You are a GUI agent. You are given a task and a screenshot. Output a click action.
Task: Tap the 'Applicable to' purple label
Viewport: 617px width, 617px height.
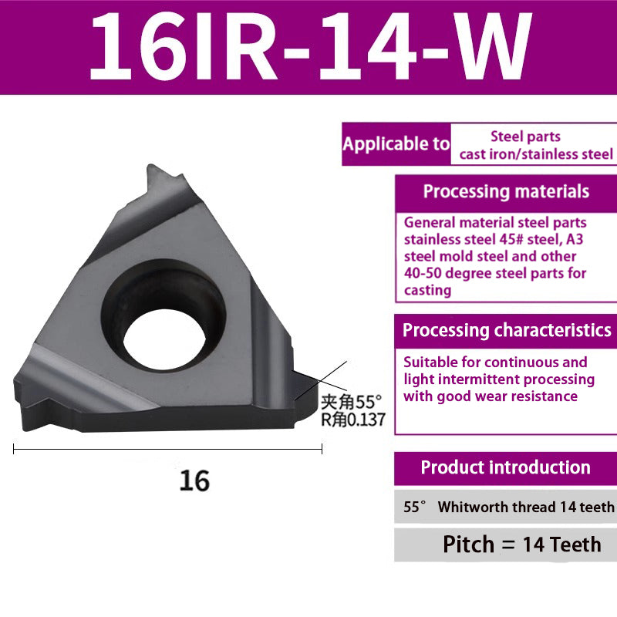396,144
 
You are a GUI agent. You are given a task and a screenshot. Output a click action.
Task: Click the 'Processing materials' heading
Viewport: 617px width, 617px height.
506,192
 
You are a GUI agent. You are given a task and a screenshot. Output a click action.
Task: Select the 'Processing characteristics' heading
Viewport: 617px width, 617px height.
507,331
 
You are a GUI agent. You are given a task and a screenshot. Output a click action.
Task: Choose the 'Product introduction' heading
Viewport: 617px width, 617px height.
505,467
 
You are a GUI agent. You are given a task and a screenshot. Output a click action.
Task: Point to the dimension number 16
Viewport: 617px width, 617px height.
194,480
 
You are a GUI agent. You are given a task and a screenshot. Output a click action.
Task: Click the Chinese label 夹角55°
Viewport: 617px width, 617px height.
352,401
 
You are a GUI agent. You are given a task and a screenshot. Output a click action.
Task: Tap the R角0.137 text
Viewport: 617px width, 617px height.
352,420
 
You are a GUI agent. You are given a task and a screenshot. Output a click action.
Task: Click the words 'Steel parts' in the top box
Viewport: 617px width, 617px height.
525,137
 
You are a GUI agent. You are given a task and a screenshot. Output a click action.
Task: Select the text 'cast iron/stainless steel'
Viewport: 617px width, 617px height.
536,154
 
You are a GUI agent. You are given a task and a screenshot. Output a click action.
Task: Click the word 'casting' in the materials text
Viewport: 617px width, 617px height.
427,290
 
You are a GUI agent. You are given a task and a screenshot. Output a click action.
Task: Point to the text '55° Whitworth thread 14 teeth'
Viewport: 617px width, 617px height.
509,507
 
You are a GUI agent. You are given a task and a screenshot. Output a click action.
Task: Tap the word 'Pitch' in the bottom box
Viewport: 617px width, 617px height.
469,545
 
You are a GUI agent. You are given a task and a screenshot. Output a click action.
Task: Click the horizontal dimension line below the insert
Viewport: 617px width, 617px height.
167,449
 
